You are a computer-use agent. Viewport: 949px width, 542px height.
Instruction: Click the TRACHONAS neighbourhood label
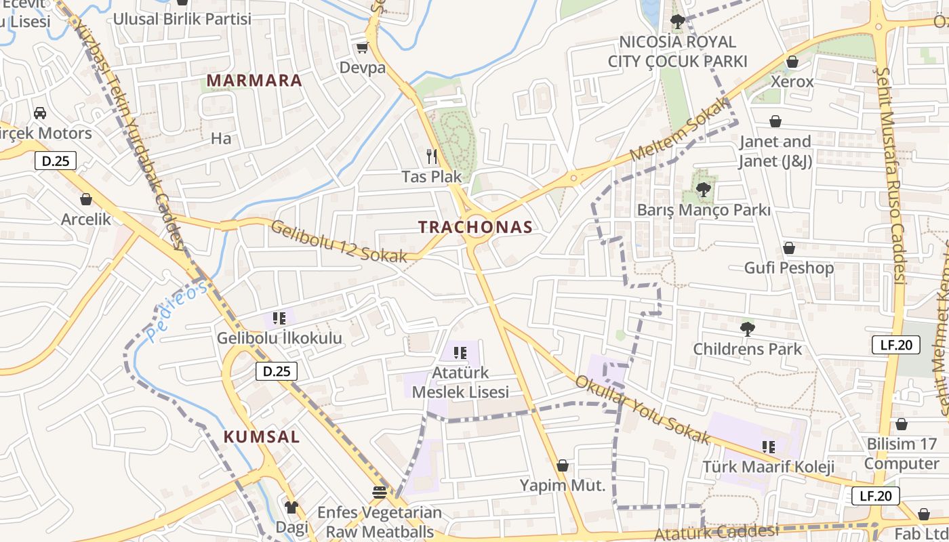pyautogui.click(x=475, y=227)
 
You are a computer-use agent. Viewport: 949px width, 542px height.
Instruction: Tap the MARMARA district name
pyautogui.click(x=254, y=81)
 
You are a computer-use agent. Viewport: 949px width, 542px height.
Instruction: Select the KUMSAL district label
pyautogui.click(x=261, y=436)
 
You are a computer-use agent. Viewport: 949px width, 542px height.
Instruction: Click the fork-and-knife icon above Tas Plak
pyautogui.click(x=432, y=157)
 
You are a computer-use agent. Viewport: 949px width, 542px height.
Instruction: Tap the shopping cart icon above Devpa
pyautogui.click(x=362, y=47)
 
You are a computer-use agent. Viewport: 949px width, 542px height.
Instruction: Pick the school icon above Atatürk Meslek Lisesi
pyautogui.click(x=460, y=352)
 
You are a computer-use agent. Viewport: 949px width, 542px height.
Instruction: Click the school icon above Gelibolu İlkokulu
pyautogui.click(x=279, y=318)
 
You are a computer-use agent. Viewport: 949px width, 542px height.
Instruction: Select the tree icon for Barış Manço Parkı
pyautogui.click(x=704, y=190)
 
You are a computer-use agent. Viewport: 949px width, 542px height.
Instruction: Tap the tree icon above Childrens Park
pyautogui.click(x=747, y=329)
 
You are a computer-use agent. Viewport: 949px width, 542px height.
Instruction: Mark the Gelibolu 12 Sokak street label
pyautogui.click(x=339, y=241)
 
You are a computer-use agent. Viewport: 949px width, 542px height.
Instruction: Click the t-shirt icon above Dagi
pyautogui.click(x=291, y=507)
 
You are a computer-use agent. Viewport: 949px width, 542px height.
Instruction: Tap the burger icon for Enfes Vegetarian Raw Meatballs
pyautogui.click(x=379, y=492)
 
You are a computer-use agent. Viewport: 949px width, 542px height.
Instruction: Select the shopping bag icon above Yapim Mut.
pyautogui.click(x=562, y=465)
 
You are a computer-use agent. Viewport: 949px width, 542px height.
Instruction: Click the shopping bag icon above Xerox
pyautogui.click(x=792, y=62)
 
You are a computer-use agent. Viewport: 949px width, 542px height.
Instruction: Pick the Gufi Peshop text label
pyautogui.click(x=788, y=268)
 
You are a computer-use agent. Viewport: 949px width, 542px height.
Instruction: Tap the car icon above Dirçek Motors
pyautogui.click(x=40, y=112)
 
